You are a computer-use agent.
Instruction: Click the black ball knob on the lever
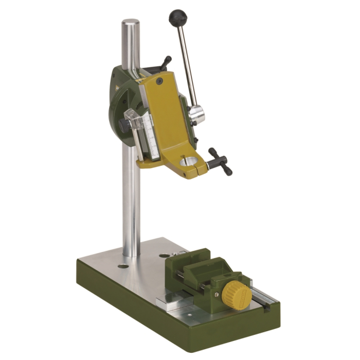177,19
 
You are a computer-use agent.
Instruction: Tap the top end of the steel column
131,24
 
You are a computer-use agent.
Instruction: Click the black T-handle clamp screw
220,160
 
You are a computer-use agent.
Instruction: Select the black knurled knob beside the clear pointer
123,124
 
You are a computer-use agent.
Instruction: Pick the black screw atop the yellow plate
160,81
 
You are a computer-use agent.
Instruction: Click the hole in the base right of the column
164,255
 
